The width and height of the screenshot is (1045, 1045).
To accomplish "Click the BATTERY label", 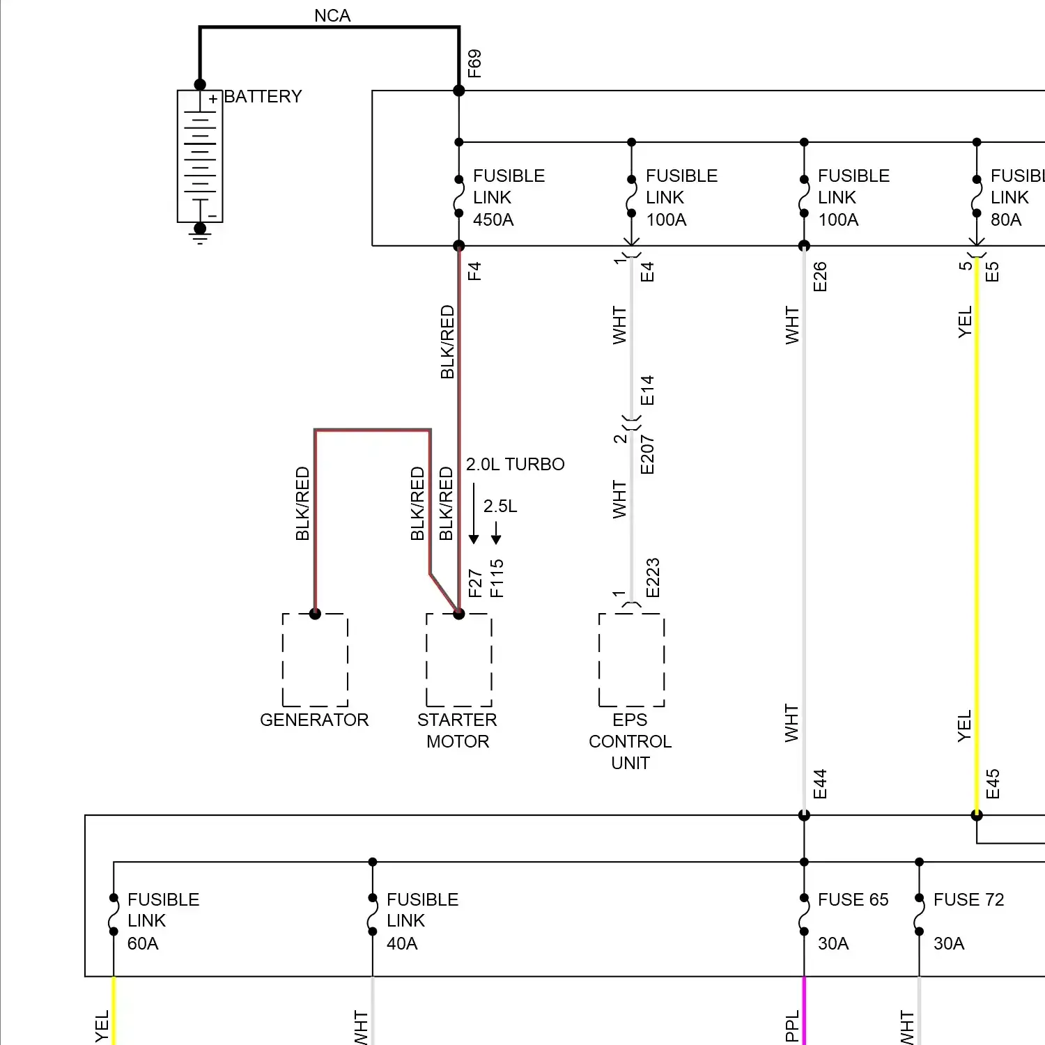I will pyautogui.click(x=263, y=96).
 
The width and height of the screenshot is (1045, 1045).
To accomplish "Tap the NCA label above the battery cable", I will pyautogui.click(x=332, y=15).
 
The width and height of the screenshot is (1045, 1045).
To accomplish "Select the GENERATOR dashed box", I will pyautogui.click(x=315, y=660).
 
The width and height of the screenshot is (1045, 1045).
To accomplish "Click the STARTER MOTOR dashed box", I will pyautogui.click(x=458, y=660).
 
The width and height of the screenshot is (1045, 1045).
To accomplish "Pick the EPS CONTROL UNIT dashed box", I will pyautogui.click(x=631, y=660).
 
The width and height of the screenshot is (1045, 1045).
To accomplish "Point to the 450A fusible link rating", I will pyautogui.click(x=493, y=220).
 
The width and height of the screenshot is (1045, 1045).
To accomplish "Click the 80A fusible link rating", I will pyautogui.click(x=1006, y=220).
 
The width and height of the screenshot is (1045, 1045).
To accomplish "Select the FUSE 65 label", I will pyautogui.click(x=853, y=899).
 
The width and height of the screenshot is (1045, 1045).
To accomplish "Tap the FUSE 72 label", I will pyautogui.click(x=968, y=899).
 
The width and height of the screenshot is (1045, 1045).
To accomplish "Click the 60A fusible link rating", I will pyautogui.click(x=143, y=943).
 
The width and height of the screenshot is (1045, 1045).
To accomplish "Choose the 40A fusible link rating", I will pyautogui.click(x=402, y=943).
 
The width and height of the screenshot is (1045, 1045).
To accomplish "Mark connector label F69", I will pyautogui.click(x=474, y=63).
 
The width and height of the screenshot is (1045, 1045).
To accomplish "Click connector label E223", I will pyautogui.click(x=652, y=578).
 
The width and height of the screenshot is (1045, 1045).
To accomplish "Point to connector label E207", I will pyautogui.click(x=647, y=455).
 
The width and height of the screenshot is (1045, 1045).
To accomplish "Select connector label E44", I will pyautogui.click(x=820, y=784).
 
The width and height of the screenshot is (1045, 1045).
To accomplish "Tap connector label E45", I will pyautogui.click(x=993, y=784).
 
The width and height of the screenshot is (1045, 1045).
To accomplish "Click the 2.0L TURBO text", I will pyautogui.click(x=515, y=464).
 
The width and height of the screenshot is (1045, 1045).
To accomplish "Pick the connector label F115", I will pyautogui.click(x=496, y=578).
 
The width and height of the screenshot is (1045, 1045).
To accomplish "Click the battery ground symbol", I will pyautogui.click(x=200, y=238).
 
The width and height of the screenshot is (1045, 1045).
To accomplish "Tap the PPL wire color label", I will pyautogui.click(x=792, y=1026).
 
